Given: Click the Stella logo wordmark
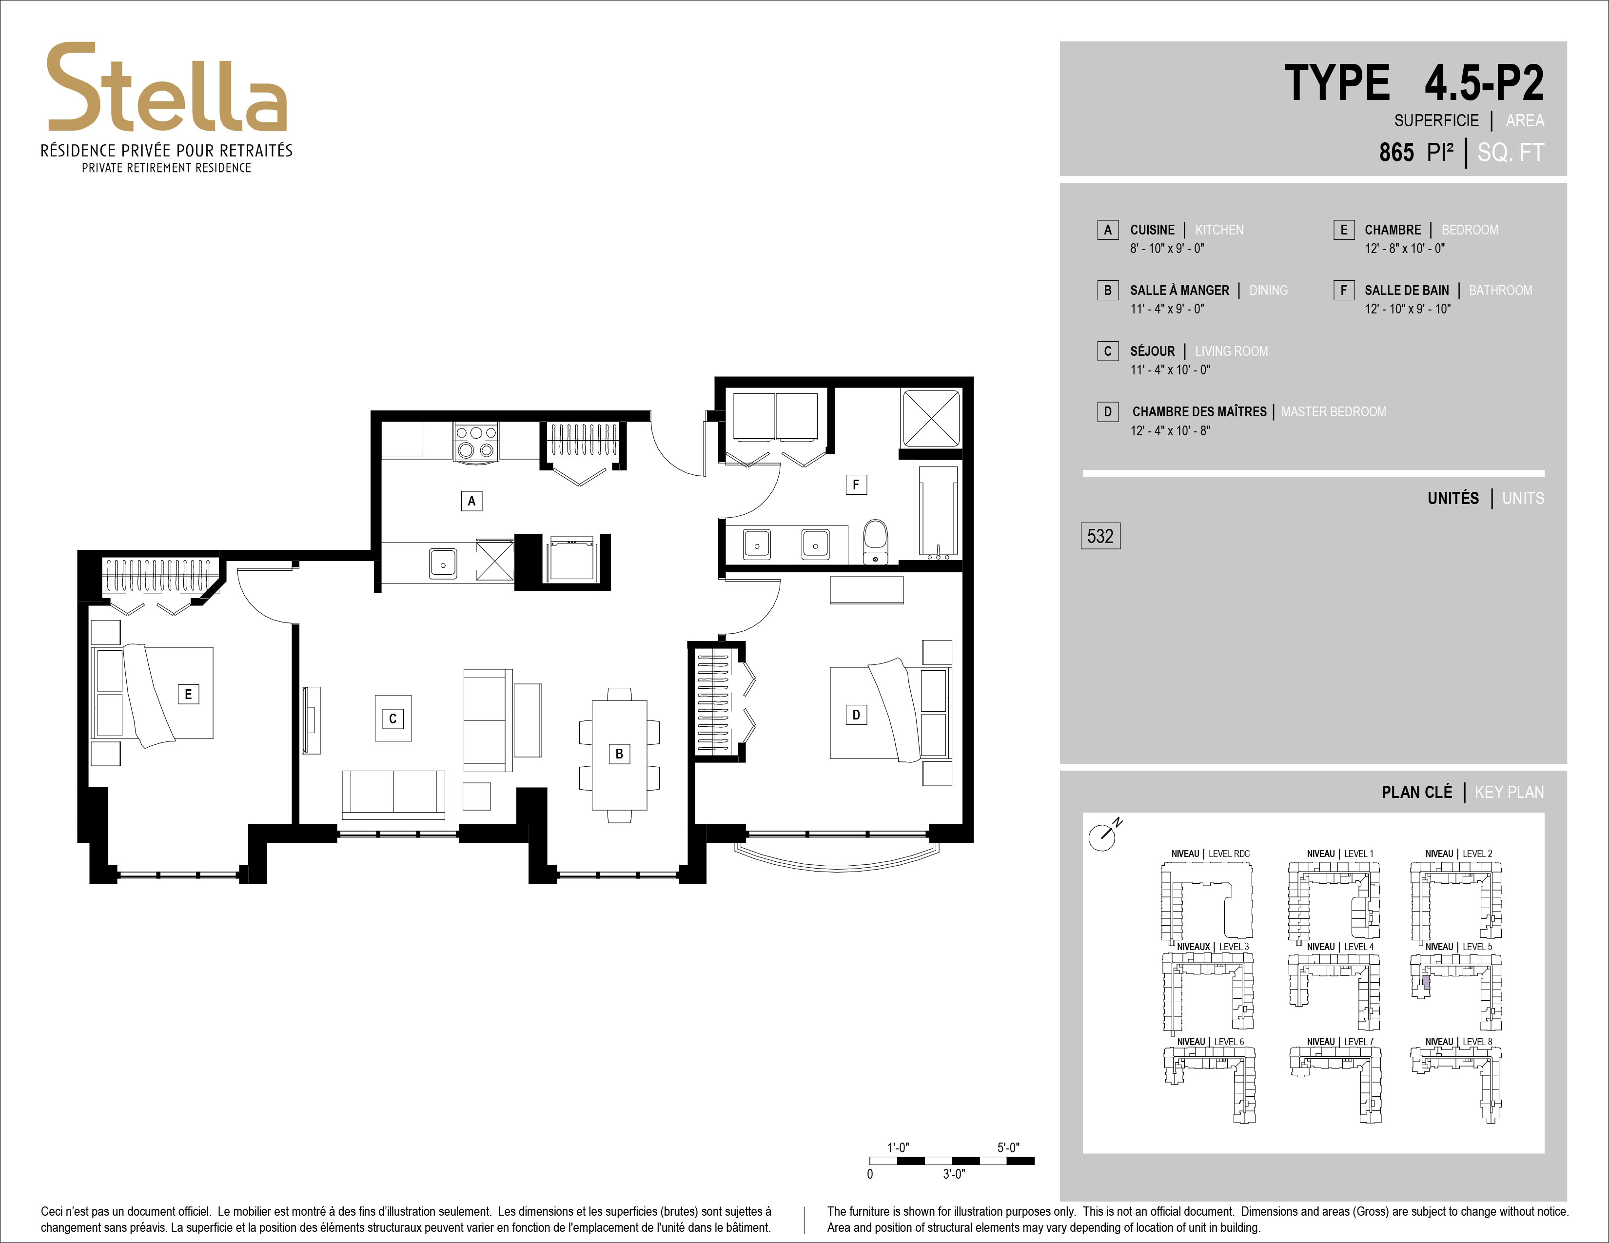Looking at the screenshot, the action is click(166, 88).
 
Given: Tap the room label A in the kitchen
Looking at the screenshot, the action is click(471, 501).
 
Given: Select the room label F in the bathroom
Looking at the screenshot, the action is click(855, 485).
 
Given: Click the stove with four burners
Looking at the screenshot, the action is click(476, 442).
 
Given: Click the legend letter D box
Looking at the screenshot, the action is click(1107, 411).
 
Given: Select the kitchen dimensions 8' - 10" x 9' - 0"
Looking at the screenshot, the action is click(1167, 249).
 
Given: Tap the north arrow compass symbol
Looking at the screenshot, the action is click(1103, 836).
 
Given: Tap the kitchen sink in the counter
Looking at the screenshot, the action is click(443, 564).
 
